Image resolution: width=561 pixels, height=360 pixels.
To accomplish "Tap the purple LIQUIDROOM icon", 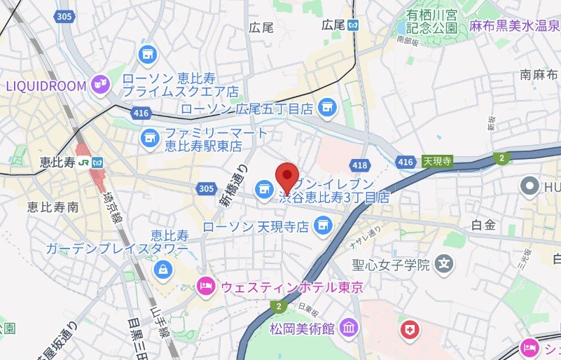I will pos(100,85).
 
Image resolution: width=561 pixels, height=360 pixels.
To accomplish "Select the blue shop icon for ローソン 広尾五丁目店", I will pos(326,108).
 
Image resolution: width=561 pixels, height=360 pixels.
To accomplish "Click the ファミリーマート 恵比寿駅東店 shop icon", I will pos(148,137).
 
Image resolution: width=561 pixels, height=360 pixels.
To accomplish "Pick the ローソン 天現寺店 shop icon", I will pos(322,226).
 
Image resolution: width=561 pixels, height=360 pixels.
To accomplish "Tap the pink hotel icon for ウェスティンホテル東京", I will pos(205,286).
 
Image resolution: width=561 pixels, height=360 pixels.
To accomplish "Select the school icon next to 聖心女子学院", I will pos(443,264).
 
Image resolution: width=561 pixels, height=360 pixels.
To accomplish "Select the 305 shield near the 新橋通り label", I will pos(206,188).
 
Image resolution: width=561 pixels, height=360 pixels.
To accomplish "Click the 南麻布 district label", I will pos(539,74).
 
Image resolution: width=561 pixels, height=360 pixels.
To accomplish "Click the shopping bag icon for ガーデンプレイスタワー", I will pos(162,267).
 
